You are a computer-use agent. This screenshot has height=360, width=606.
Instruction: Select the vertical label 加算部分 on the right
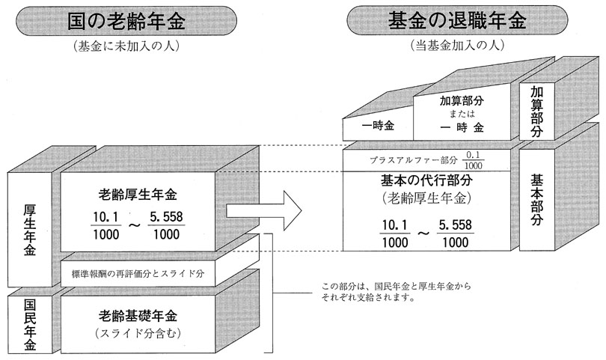pos(536,111)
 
